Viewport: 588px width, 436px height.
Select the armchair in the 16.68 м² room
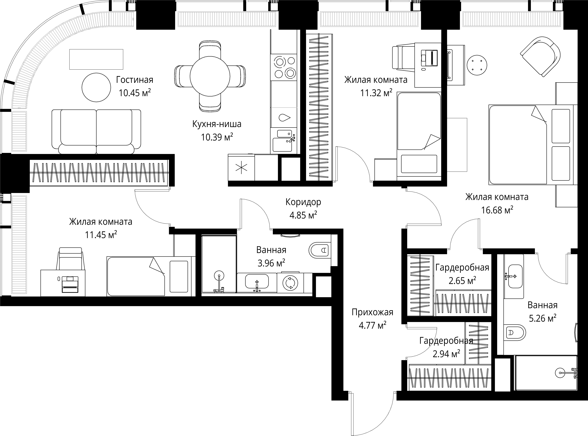click(x=540, y=56)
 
